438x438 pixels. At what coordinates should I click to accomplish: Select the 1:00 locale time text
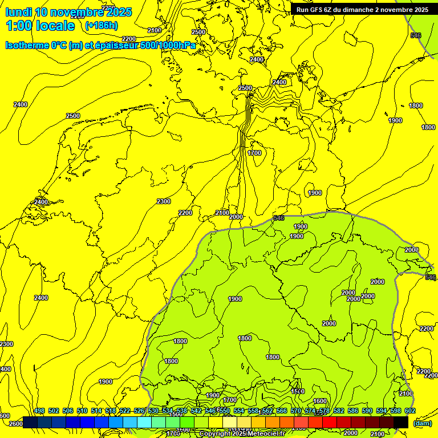click(x=40, y=26)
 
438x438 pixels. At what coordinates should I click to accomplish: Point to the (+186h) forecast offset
click(x=101, y=26)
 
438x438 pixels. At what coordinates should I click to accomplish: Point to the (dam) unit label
click(x=422, y=423)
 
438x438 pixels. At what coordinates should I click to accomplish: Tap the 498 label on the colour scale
click(x=39, y=411)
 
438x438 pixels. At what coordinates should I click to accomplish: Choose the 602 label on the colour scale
click(x=410, y=411)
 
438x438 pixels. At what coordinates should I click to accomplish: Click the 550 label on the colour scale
click(x=225, y=411)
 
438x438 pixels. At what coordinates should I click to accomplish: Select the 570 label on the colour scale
click(x=296, y=411)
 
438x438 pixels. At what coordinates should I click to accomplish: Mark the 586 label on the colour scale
click(x=353, y=411)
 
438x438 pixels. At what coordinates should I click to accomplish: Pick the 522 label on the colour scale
click(x=125, y=411)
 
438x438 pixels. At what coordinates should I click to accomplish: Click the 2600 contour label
click(x=16, y=423)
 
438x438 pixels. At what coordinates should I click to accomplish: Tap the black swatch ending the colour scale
click(x=401, y=422)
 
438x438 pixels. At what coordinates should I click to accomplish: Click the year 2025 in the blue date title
click(x=119, y=12)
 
